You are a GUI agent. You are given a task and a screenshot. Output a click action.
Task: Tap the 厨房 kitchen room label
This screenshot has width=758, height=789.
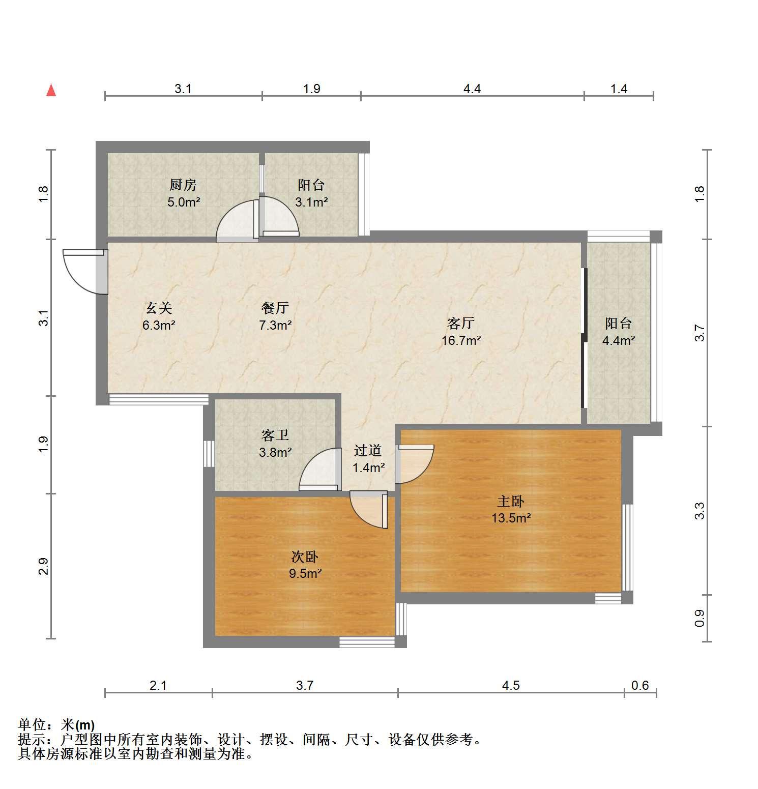click(183, 185)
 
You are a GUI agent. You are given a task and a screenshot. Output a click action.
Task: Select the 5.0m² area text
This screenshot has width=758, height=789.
click(184, 202)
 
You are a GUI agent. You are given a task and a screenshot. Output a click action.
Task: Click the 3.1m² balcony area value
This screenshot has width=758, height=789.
click(311, 202)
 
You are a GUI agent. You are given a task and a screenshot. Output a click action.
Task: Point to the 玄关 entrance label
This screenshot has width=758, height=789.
click(159, 308)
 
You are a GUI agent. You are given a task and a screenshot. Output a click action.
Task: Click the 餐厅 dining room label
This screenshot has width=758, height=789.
click(275, 308)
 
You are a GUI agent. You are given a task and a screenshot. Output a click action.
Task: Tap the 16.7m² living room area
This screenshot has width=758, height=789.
click(461, 340)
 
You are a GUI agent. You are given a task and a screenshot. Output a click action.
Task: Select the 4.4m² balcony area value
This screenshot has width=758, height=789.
click(619, 340)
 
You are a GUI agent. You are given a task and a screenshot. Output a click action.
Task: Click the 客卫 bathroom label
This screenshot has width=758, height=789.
click(275, 435)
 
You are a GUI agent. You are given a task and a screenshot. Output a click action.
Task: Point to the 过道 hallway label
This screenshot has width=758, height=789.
click(368, 450)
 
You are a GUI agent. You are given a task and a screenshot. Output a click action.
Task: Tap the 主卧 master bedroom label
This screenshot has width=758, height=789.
click(511, 502)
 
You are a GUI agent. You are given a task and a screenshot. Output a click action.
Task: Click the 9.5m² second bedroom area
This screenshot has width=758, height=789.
click(305, 574)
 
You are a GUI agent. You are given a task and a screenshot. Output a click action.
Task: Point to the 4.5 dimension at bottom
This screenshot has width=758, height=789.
click(511, 685)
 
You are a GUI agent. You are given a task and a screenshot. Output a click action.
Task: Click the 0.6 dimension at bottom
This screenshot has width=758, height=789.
click(640, 685)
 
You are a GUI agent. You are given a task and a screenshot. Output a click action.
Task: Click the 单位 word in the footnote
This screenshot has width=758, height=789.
click(32, 724)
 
